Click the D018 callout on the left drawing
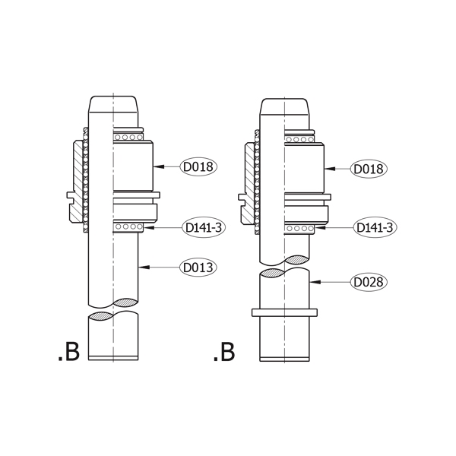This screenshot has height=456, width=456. [x=198, y=166]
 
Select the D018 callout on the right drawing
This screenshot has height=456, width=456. [x=369, y=169]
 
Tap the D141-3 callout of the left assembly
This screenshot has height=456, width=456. [x=204, y=227]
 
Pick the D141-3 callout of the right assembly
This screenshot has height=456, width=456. [x=375, y=227]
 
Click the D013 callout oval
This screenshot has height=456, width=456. [x=198, y=268]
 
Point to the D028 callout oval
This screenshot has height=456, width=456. [x=369, y=282]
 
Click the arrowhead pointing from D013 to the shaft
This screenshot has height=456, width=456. [x=144, y=267]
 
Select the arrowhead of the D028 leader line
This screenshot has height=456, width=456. [x=315, y=282]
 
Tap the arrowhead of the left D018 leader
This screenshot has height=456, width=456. [x=159, y=166]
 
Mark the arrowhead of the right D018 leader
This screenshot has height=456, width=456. [x=330, y=169]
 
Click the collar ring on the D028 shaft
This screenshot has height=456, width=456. [x=284, y=312]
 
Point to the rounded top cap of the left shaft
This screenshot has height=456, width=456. [x=113, y=104]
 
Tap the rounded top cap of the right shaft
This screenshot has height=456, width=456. [x=284, y=106]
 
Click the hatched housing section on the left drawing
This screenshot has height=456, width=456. [x=77, y=181]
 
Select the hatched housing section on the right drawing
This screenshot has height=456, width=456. [x=248, y=183]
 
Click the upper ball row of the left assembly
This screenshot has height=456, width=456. [x=128, y=137]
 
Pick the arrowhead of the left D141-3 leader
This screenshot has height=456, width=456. [x=149, y=227]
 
